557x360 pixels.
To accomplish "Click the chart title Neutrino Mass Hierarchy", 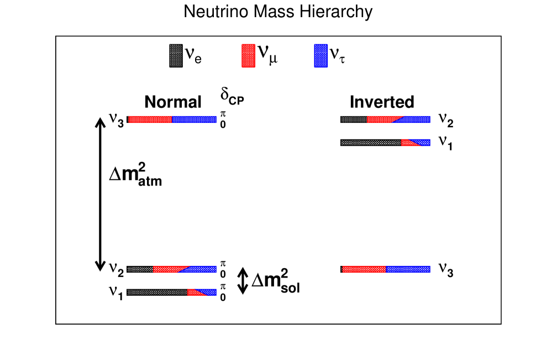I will [x=278, y=12].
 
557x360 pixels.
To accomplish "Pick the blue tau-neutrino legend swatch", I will [x=320, y=56].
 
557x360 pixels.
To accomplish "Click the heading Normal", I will [x=173, y=102].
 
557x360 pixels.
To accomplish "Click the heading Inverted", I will [x=382, y=102].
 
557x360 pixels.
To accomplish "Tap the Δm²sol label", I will [x=276, y=280].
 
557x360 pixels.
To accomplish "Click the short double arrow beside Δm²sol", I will [x=242, y=280].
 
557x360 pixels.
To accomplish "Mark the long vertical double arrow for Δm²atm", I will [x=100, y=195].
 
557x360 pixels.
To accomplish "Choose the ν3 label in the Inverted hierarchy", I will [x=446, y=269].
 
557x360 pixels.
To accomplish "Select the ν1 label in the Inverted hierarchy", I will [x=446, y=142].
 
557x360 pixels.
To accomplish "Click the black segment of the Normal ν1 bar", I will [x=157, y=293].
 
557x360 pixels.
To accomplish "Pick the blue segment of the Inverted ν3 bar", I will [x=408, y=269].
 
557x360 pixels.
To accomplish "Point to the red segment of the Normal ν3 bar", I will [x=150, y=119].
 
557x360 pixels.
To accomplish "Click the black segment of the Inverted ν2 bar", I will [x=354, y=119].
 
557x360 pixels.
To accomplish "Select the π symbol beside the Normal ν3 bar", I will [x=223, y=113].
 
